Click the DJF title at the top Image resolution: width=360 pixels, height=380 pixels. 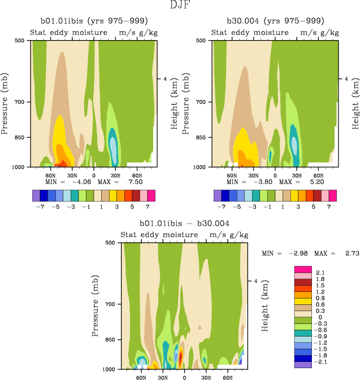[x=180, y=6]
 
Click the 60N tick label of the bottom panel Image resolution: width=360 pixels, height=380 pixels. [x=141, y=377]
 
